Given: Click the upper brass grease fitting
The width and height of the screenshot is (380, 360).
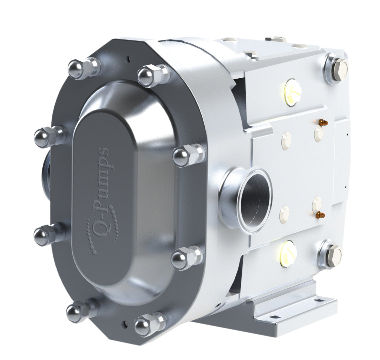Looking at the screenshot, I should point(322,123).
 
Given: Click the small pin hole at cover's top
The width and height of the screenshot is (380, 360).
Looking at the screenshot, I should point(127,59).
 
